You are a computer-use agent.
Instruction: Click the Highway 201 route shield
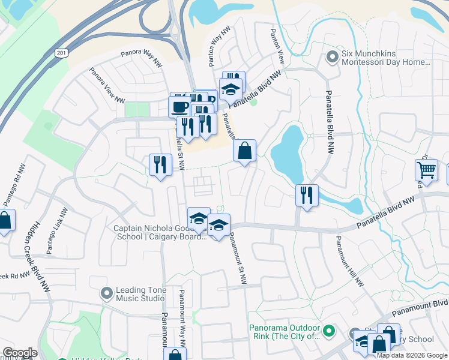[x=61, y=53]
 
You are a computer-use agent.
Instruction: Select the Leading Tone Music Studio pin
[x=107, y=293]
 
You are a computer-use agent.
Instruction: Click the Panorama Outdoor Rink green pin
[x=328, y=331]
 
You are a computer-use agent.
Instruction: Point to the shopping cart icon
[x=426, y=169]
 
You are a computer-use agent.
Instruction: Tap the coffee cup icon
[x=179, y=106]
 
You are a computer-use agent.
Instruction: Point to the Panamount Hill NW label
[x=350, y=260]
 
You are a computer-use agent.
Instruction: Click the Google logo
[x=20, y=353]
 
